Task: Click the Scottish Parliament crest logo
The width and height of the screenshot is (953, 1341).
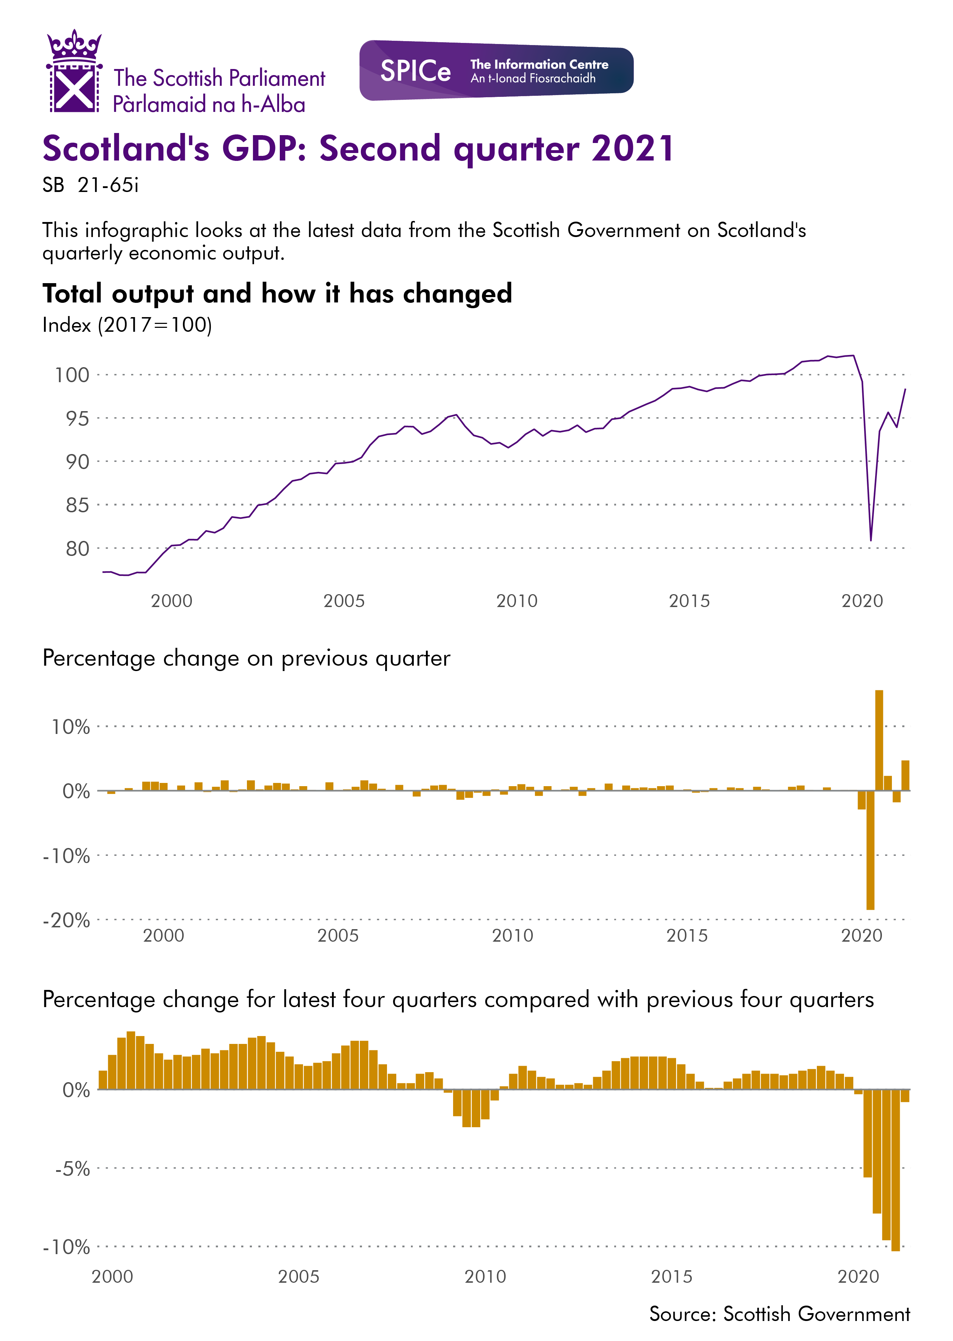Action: tap(74, 72)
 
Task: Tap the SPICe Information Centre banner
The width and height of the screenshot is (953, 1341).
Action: tap(496, 70)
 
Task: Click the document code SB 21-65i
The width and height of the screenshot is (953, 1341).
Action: tap(90, 186)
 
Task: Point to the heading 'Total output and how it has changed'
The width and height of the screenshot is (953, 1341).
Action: tap(277, 294)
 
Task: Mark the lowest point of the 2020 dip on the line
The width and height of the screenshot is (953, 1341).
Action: tap(871, 539)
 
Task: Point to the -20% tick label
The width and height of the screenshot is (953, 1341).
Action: tap(66, 920)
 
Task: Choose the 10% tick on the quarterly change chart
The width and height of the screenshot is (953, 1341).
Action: tap(70, 727)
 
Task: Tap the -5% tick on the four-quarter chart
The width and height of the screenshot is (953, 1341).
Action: tap(72, 1168)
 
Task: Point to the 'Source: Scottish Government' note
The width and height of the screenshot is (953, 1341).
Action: tap(779, 1314)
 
